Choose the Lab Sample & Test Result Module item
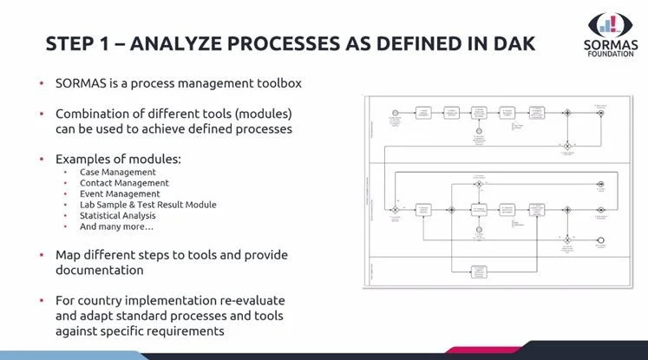(x=147, y=205)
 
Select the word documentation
(x=101, y=271)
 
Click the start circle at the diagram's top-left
(x=396, y=113)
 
